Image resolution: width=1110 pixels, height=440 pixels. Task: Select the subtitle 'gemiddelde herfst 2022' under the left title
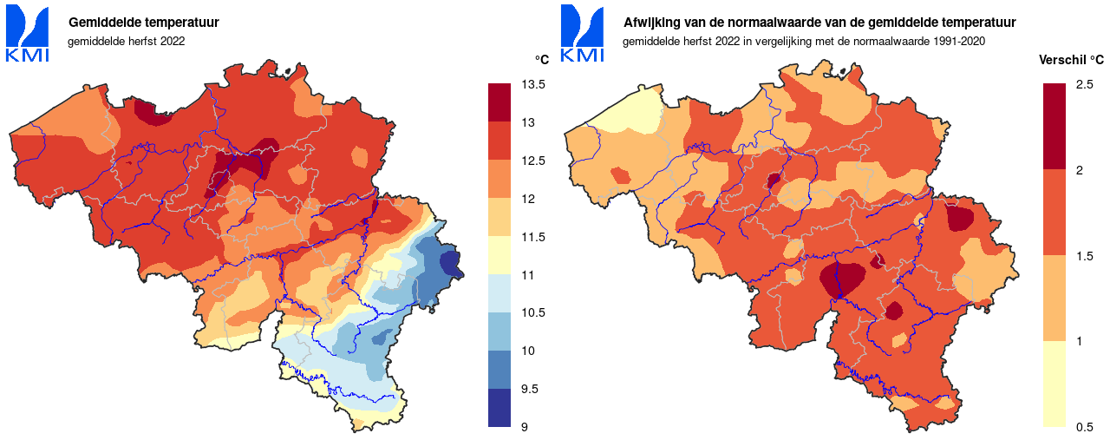tap(126, 41)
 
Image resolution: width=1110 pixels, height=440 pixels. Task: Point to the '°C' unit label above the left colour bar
tap(541, 60)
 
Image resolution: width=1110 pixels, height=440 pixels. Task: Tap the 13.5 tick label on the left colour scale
tap(533, 85)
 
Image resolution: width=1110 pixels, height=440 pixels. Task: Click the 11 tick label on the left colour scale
tap(527, 275)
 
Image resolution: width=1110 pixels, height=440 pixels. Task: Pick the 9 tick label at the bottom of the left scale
tap(525, 427)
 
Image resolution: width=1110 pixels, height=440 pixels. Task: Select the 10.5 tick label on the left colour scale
tap(533, 313)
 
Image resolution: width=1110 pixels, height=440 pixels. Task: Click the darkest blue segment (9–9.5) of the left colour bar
tap(499, 408)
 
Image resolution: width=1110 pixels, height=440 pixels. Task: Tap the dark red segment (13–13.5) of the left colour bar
tap(499, 102)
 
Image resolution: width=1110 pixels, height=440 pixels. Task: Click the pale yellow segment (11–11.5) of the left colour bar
tap(499, 255)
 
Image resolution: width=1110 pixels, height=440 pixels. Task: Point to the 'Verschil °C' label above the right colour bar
tap(1071, 60)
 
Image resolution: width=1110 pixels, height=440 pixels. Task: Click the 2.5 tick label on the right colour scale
tap(1084, 85)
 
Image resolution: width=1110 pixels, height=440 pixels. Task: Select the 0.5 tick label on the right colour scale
tap(1084, 426)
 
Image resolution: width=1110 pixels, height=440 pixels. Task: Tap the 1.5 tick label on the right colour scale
tap(1084, 256)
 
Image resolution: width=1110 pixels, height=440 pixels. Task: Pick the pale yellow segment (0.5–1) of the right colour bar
tap(1054, 383)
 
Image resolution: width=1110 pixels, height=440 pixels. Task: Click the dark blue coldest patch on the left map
tap(449, 262)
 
